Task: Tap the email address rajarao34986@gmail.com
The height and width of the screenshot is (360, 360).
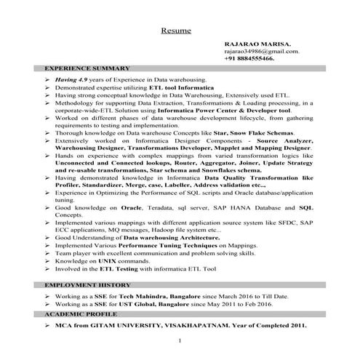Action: click(260, 51)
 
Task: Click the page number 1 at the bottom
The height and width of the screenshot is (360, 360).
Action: click(179, 340)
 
